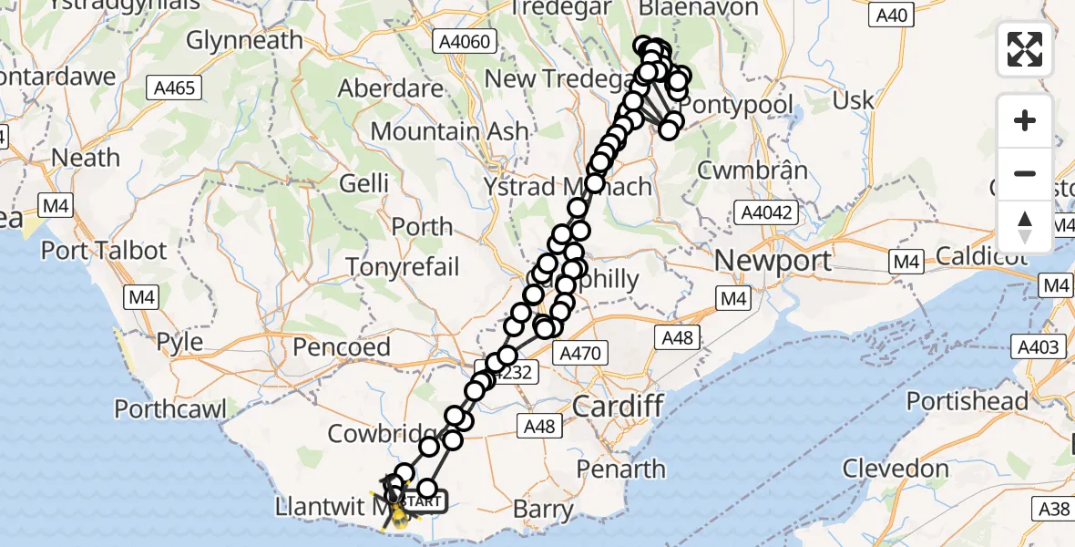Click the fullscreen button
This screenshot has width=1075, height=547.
[1025, 49]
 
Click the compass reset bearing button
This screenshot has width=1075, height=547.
[1025, 226]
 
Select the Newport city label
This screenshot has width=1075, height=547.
[773, 262]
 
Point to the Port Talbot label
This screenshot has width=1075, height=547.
[105, 251]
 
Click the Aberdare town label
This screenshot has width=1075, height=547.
[390, 88]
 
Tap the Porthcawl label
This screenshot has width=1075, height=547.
[170, 409]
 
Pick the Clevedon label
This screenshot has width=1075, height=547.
[897, 469]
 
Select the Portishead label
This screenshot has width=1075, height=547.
[967, 401]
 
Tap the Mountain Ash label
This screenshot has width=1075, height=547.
[449, 131]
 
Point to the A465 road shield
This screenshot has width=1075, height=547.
[174, 88]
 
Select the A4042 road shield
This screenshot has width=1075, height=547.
[766, 213]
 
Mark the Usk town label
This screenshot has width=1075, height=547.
[854, 100]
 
